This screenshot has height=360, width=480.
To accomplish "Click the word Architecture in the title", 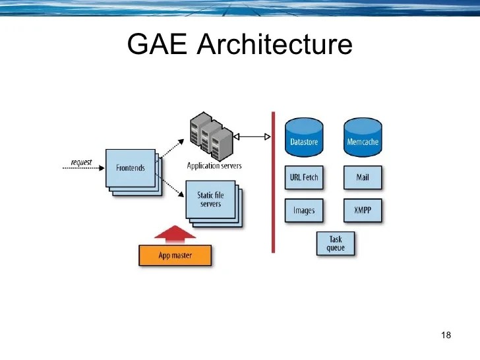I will coord(274,45).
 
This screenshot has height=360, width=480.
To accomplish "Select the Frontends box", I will coord(131,167).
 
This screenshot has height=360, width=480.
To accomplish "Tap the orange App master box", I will coord(175,255).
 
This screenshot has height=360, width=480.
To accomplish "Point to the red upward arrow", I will coord(175,234).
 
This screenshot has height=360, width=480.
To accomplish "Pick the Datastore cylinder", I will coord(304,136).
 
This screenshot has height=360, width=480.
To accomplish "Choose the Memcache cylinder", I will coord(363,136).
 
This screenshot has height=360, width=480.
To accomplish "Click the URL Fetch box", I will coord(304,177).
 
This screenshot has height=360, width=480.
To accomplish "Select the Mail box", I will coord(363,177).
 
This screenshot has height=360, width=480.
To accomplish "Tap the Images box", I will coord(304,211).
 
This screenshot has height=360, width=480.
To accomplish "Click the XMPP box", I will coord(363,211).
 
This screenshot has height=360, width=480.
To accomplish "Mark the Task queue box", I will coord(336,243).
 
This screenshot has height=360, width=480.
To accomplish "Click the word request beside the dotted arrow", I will coord(81,162).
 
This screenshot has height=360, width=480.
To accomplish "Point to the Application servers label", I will coord(214,165).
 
